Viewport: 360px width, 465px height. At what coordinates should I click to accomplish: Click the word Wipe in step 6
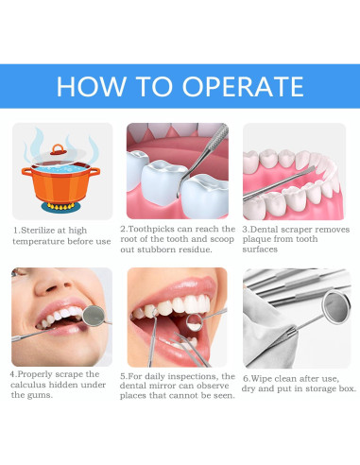point(262,375)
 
